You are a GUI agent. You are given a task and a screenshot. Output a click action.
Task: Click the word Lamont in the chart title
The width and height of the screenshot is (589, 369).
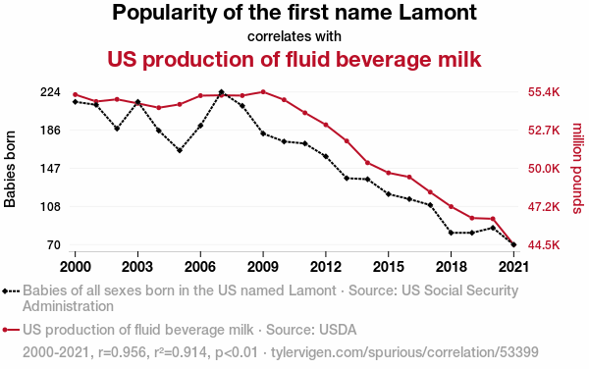(x=438, y=13)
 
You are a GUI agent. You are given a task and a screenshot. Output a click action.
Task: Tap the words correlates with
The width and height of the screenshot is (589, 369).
(x=294, y=36)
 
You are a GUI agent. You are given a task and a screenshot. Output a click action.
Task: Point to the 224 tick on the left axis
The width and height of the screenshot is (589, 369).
(x=50, y=92)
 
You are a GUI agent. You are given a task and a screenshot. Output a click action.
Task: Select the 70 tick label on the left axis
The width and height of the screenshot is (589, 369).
(x=54, y=245)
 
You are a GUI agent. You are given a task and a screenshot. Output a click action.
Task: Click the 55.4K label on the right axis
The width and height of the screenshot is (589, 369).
(x=544, y=92)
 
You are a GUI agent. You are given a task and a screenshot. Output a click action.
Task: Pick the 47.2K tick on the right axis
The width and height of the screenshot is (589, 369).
(x=544, y=207)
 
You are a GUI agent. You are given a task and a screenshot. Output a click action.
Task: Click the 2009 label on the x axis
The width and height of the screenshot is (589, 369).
(x=263, y=267)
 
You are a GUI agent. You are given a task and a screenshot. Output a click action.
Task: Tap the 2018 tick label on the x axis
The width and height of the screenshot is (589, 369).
(x=452, y=267)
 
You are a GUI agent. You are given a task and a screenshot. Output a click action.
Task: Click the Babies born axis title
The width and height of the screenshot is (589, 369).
(x=10, y=169)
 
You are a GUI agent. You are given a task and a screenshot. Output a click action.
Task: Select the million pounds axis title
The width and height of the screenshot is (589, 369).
(x=577, y=168)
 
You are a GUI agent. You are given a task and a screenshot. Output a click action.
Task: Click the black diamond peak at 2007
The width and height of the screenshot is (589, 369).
(x=221, y=92)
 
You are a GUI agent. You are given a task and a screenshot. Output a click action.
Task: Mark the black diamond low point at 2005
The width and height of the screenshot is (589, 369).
(x=180, y=150)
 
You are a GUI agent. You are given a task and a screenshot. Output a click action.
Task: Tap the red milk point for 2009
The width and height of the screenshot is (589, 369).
(x=263, y=92)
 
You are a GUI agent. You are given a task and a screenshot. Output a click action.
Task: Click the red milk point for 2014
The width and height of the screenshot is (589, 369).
(x=367, y=163)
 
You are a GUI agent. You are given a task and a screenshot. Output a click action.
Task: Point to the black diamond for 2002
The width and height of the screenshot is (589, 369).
(x=117, y=129)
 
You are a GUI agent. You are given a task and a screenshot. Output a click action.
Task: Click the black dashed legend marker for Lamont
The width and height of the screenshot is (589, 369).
(x=11, y=290)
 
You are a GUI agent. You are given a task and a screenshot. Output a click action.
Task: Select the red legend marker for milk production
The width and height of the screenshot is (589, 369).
(x=11, y=330)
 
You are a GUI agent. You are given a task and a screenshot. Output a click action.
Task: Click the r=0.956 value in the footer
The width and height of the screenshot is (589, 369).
(x=122, y=352)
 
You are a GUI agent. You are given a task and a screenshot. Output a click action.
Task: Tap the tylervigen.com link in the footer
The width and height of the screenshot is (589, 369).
(x=404, y=352)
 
